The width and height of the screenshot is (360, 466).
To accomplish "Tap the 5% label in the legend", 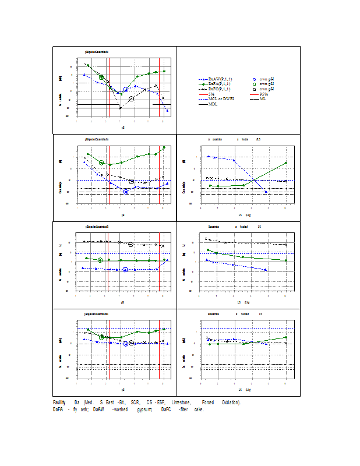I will click(211, 94).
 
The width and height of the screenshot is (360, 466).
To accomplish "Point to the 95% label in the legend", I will click(263, 94).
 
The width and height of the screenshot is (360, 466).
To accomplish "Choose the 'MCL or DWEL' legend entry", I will click(221, 100).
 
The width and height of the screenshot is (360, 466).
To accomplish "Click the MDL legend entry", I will click(213, 105).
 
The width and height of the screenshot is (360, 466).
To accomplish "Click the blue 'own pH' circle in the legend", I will click(254, 79).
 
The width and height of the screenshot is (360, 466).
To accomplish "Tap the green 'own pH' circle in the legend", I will click(254, 84).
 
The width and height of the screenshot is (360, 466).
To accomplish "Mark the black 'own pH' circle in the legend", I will click(254, 89).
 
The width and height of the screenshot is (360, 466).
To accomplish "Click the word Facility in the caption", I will click(59, 403).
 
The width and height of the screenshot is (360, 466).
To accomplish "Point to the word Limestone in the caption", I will click(182, 403).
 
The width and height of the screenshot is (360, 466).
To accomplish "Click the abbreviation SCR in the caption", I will click(135, 403).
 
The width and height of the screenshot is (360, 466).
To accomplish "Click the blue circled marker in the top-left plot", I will click(126, 89).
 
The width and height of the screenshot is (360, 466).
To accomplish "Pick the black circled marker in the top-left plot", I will click(132, 98).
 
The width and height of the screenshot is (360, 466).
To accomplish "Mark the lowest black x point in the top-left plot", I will click(120, 108).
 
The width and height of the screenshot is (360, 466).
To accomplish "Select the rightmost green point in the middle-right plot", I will click(285, 163).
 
